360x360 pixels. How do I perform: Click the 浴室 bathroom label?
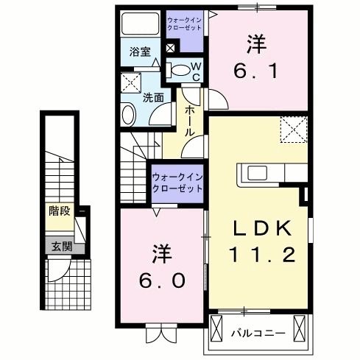[140, 52]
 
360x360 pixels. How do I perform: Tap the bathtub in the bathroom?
[141, 24]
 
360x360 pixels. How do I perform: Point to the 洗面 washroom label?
[153, 98]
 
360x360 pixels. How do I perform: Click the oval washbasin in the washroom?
[129, 115]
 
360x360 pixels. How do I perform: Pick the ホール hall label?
[190, 121]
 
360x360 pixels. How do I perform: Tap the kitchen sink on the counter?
[257, 173]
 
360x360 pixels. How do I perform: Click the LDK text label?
[263, 228]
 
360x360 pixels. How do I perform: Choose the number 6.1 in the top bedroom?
[255, 71]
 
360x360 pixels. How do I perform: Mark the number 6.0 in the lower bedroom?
[162, 280]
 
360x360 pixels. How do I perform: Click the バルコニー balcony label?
[258, 333]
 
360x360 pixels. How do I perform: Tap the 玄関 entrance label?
[62, 247]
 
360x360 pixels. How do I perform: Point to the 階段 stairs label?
[60, 211]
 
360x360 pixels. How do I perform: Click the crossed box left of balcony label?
[216, 328]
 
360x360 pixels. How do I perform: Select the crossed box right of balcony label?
[300, 328]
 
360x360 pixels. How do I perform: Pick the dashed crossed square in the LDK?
[294, 130]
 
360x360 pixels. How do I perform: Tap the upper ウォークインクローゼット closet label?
[184, 24]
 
